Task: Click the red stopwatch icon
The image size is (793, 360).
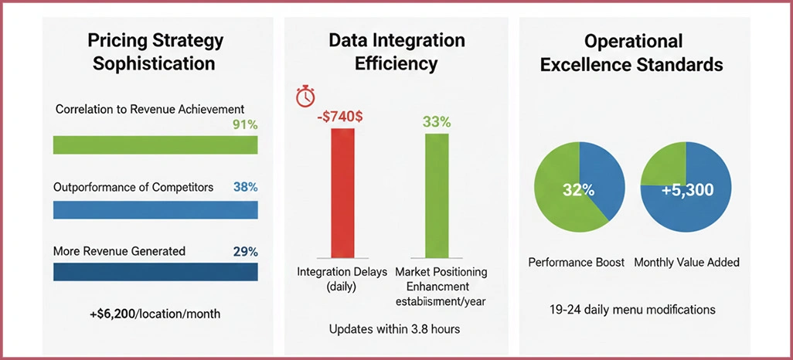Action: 306,97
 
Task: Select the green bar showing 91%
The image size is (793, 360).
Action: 155,145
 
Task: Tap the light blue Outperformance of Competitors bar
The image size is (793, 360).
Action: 155,209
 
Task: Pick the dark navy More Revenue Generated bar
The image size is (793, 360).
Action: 155,272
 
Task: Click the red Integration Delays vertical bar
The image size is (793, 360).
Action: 343,193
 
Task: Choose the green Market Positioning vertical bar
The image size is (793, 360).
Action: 436,195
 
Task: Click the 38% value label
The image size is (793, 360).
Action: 245,187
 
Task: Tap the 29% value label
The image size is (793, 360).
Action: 245,251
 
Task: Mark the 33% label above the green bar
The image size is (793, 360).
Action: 436,121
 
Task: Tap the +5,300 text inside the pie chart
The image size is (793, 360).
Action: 687,190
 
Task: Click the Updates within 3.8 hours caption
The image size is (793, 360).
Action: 394,329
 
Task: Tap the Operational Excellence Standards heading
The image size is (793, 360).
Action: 631,52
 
